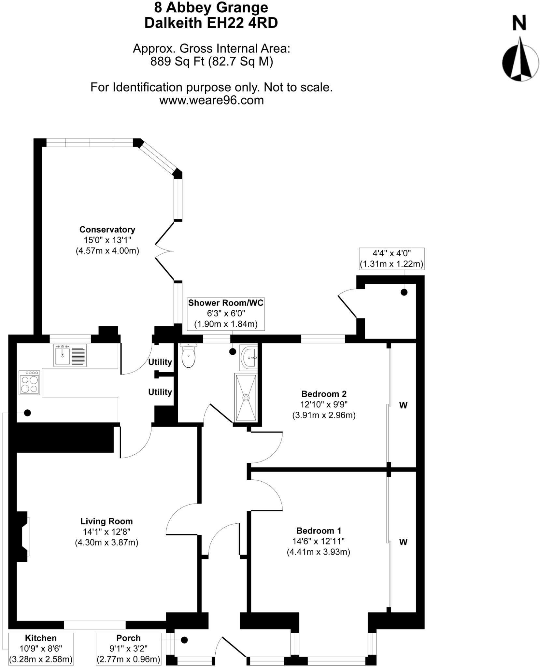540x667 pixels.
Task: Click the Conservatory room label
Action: click(107, 230)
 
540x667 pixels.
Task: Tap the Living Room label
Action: click(107, 521)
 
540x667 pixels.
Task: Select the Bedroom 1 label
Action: click(319, 531)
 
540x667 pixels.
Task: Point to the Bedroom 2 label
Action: click(324, 394)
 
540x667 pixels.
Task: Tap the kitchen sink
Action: click(63, 355)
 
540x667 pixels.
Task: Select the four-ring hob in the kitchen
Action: click(29, 383)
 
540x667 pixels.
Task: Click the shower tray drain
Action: click(246, 398)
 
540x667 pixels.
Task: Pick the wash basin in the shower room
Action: click(249, 357)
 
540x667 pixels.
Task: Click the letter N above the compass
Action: click(519, 23)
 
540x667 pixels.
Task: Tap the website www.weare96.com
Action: click(211, 100)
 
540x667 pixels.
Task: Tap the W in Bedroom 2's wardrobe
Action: click(403, 405)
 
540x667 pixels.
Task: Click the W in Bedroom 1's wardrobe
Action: click(403, 542)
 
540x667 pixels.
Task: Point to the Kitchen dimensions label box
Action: click(41, 648)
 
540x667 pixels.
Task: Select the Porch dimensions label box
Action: click(129, 648)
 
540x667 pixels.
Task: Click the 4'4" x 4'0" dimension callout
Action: click(391, 259)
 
